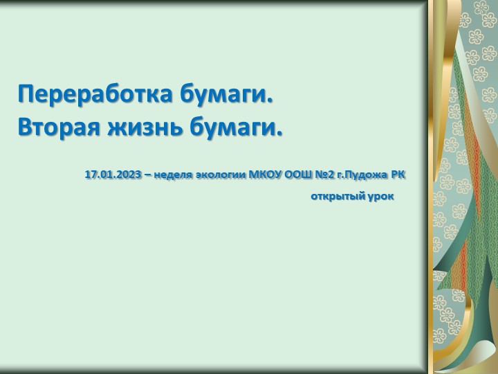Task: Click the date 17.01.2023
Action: point(113,175)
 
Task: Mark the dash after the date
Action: point(148,175)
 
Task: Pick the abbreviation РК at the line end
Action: point(398,175)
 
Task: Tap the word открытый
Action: point(333,197)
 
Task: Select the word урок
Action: point(378,197)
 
